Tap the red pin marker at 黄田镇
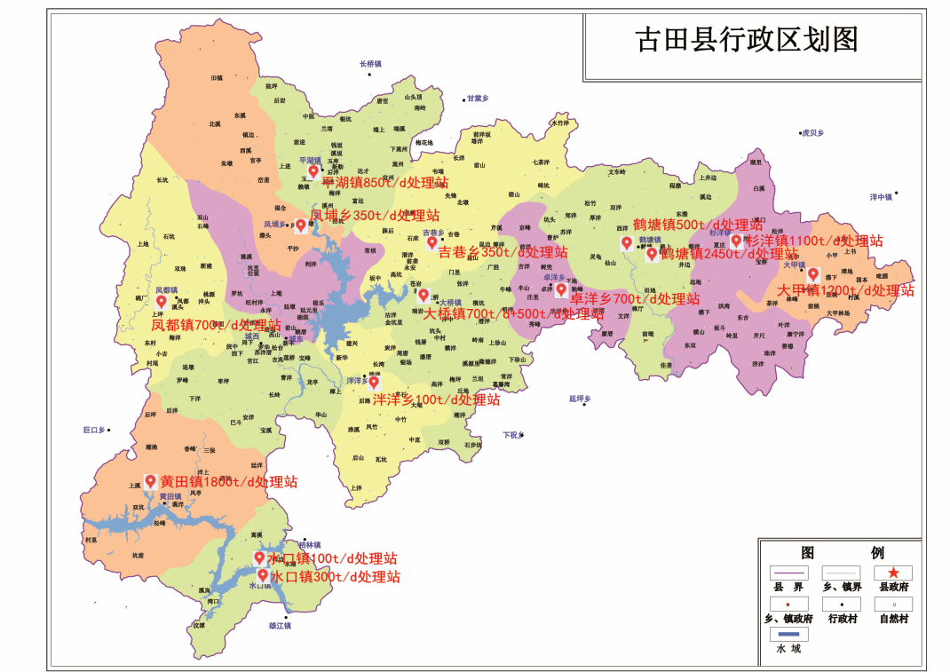click(150, 481)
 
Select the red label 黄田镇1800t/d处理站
click(228, 482)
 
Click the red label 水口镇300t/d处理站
click(335, 577)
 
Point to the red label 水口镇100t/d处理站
click(331, 558)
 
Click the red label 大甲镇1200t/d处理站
click(845, 290)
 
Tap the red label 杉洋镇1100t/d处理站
click(814, 241)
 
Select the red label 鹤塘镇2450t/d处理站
click(729, 254)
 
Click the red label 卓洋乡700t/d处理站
click(634, 299)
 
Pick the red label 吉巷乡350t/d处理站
click(503, 252)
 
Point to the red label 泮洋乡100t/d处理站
click(436, 400)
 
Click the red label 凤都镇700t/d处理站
click(216, 325)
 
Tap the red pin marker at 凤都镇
click(162, 302)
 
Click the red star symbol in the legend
click(893, 573)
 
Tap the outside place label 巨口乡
click(93, 430)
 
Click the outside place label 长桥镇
click(370, 64)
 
